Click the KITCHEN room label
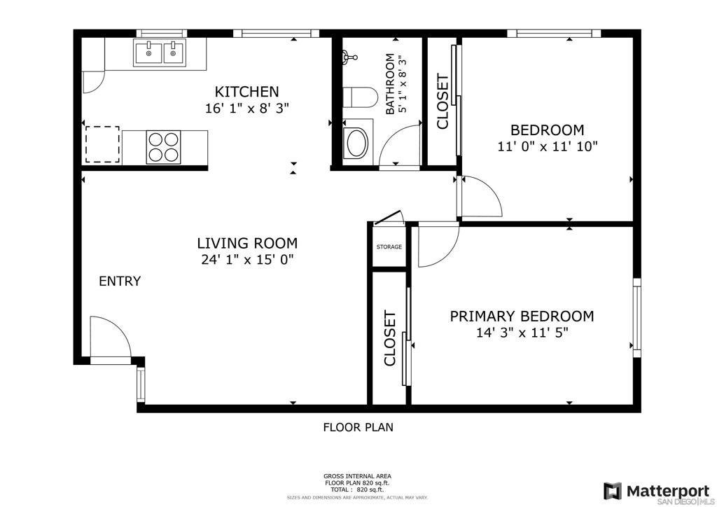coord(246,92)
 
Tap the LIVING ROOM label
coord(247,243)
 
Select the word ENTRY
coord(120,281)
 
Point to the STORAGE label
coord(389,247)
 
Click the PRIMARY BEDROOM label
coord(522,316)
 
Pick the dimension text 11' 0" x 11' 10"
coord(548,146)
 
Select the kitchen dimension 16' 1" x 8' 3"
coord(247,109)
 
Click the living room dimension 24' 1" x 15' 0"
coord(247,260)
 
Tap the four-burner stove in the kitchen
coord(163,147)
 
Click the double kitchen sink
coord(160,53)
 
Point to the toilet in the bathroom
coord(360,97)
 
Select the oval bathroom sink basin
coord(357,143)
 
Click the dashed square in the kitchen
coord(102,144)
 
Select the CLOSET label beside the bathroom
coord(443,102)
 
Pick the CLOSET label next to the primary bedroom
coord(389,338)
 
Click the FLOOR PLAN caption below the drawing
coord(358,427)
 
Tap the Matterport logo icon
coord(613,491)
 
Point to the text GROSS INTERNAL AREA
coord(357,476)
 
